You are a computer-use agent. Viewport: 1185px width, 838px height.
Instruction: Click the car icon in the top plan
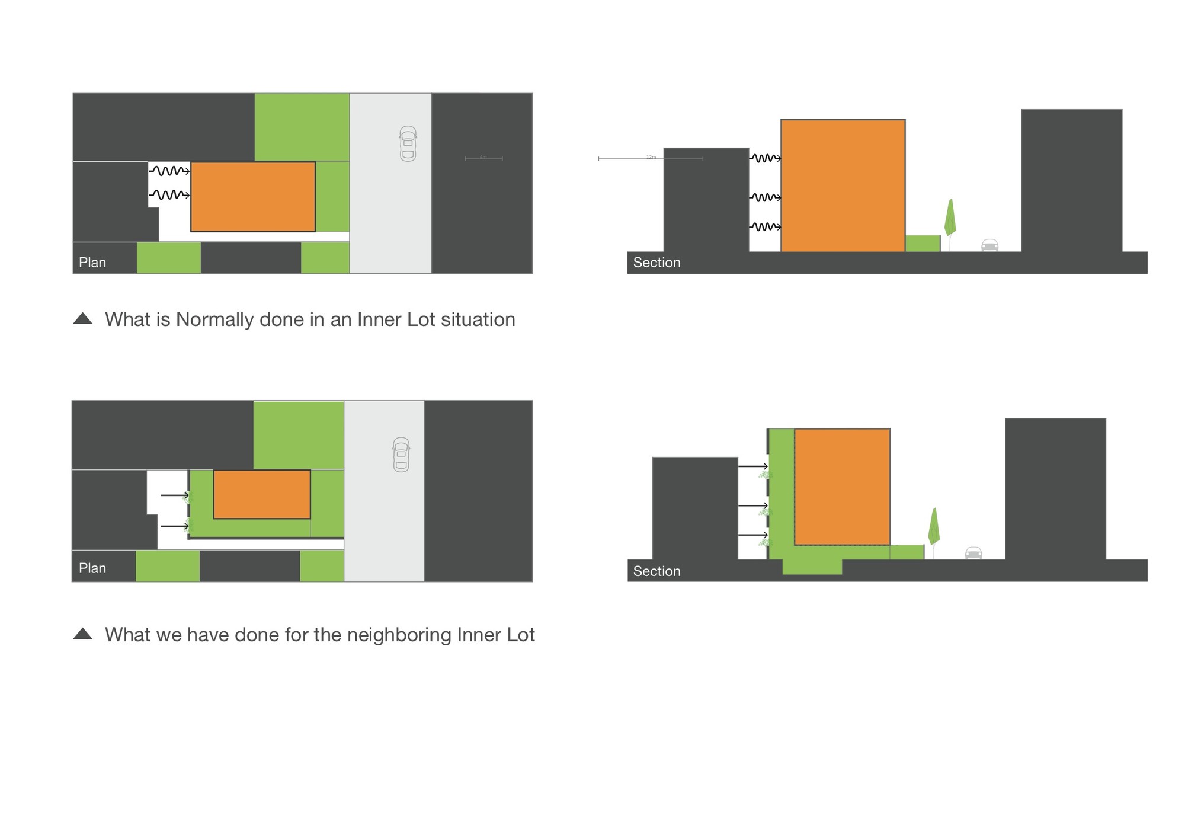tap(408, 143)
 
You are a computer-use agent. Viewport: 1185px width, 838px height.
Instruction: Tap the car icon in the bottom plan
tap(401, 455)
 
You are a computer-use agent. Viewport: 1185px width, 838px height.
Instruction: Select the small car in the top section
tap(990, 245)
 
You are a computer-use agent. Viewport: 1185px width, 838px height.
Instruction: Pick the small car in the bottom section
tap(973, 553)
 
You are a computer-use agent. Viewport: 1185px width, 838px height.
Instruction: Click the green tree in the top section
tap(950, 218)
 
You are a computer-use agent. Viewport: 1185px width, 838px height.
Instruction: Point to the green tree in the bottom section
tap(934, 527)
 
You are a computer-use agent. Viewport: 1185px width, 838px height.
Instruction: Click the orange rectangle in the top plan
tap(253, 197)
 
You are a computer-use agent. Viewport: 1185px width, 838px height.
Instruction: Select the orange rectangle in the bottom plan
tap(262, 494)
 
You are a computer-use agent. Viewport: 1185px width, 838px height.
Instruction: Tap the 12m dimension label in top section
tap(651, 157)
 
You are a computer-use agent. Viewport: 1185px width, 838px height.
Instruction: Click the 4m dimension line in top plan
tap(483, 159)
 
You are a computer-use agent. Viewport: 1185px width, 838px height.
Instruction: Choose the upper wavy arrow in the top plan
tap(169, 171)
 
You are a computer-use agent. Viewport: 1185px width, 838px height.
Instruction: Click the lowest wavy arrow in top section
tap(765, 226)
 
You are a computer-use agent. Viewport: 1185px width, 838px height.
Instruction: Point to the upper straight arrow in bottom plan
tap(174, 495)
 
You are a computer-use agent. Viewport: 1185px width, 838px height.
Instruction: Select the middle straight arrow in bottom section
tap(753, 506)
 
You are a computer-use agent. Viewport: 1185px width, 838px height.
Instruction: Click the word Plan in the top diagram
tap(92, 263)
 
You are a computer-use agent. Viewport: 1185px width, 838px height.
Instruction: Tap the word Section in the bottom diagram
tap(656, 571)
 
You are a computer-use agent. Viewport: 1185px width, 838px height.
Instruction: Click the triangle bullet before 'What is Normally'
tap(83, 319)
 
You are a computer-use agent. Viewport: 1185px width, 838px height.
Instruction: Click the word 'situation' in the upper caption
tap(478, 319)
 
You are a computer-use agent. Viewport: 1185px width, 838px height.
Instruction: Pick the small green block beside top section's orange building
tap(923, 244)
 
